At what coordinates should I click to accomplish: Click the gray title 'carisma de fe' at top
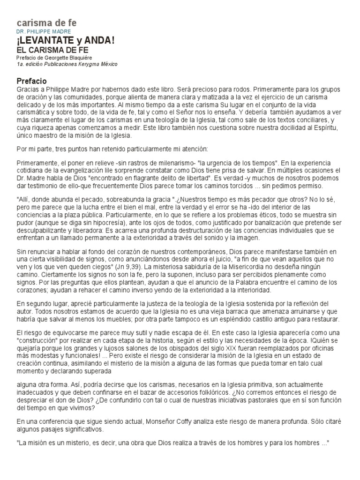(x=46, y=22)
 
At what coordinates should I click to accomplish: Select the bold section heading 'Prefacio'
(x=31, y=81)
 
